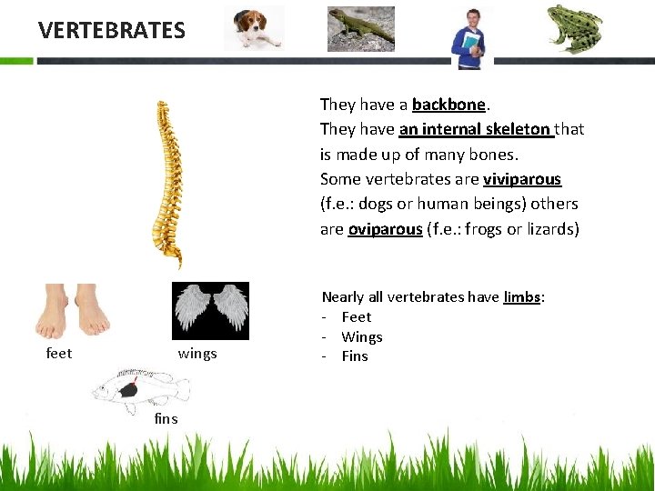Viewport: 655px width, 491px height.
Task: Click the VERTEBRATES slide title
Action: (x=112, y=30)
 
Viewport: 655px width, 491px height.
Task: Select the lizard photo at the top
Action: (x=360, y=27)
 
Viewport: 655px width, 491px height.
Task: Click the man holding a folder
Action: (x=471, y=36)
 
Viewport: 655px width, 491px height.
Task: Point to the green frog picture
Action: (x=573, y=28)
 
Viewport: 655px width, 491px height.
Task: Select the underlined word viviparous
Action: (x=522, y=179)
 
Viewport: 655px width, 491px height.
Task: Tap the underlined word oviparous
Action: (x=385, y=229)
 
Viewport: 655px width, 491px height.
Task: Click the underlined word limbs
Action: (x=521, y=296)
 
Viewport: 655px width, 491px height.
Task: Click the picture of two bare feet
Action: (x=73, y=312)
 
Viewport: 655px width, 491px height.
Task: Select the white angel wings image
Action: (x=210, y=310)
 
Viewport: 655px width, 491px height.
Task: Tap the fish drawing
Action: (x=141, y=389)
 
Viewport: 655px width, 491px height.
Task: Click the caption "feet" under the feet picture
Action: (x=59, y=353)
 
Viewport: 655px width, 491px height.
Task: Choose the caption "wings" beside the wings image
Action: (x=197, y=353)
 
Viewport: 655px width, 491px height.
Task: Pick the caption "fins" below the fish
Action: (x=166, y=419)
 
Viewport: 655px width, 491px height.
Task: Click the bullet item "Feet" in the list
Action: (x=357, y=316)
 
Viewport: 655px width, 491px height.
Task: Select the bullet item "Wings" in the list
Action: (x=362, y=336)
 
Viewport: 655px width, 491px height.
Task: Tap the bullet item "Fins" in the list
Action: (x=355, y=356)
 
